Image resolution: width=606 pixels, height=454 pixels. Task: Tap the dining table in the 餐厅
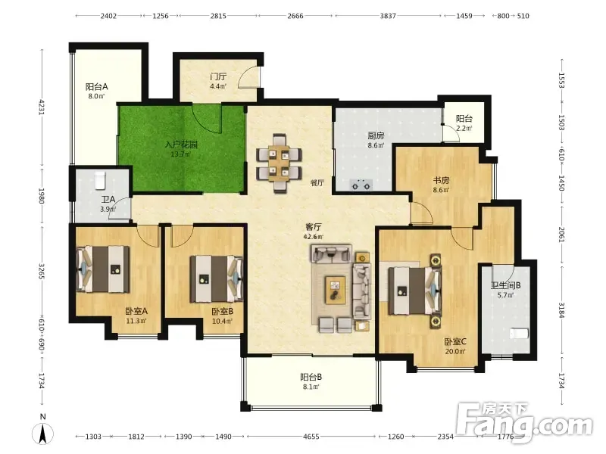[x=279, y=163]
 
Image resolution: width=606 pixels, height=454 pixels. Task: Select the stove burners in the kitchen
[x=361, y=185]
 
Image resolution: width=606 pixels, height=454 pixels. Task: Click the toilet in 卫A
[x=100, y=180]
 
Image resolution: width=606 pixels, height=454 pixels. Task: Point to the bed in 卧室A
[x=103, y=269]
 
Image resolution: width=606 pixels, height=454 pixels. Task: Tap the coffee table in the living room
[x=335, y=290]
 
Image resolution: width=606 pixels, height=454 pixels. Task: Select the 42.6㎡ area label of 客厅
[x=314, y=237]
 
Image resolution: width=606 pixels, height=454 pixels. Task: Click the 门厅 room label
[x=218, y=77]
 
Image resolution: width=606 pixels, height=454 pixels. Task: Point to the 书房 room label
[x=441, y=180]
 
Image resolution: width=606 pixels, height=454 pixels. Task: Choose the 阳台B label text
[x=311, y=377]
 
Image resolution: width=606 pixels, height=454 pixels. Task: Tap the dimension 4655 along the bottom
[x=311, y=437]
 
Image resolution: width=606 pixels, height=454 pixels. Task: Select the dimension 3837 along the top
[x=388, y=16]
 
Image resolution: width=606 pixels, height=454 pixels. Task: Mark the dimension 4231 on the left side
[x=42, y=107]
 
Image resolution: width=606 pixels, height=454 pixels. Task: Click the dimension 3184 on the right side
[x=562, y=310]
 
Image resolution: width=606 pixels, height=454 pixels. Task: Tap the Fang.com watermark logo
[x=523, y=424]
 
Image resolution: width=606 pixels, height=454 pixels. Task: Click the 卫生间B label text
[x=506, y=285]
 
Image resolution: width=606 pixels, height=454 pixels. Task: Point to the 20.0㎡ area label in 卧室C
[x=455, y=351]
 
